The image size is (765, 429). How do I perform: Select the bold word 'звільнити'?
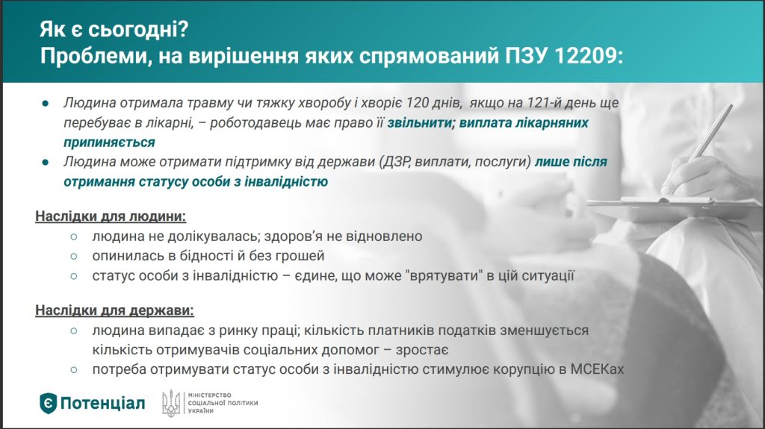pyautogui.click(x=420, y=123)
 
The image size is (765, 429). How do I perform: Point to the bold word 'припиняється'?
pyautogui.click(x=109, y=143)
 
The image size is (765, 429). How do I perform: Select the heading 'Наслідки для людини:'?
pyautogui.click(x=111, y=216)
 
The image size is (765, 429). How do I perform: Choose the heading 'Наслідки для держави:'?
pyautogui.click(x=114, y=310)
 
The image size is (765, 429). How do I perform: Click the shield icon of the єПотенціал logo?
pyautogui.click(x=48, y=404)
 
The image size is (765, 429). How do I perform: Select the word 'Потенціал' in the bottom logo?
pyautogui.click(x=102, y=404)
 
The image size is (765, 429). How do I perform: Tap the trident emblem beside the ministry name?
pyautogui.click(x=171, y=404)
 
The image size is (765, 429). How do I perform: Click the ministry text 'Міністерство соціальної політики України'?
pyautogui.click(x=223, y=403)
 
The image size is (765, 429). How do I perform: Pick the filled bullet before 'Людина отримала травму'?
pyautogui.click(x=46, y=104)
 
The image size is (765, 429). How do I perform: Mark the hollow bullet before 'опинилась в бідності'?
pyautogui.click(x=74, y=256)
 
